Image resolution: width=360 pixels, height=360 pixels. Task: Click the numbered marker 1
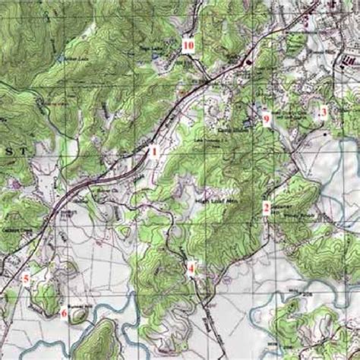click(153, 151)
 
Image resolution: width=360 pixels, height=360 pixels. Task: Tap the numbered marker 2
click(267, 207)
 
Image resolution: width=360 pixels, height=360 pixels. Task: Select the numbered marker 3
click(324, 112)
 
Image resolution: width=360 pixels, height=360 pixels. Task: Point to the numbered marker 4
click(191, 268)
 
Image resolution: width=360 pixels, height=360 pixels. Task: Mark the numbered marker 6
click(65, 313)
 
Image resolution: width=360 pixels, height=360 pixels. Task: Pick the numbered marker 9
click(267, 118)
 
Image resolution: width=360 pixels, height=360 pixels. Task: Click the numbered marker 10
click(188, 46)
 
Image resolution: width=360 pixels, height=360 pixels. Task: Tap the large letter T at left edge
click(31, 151)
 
